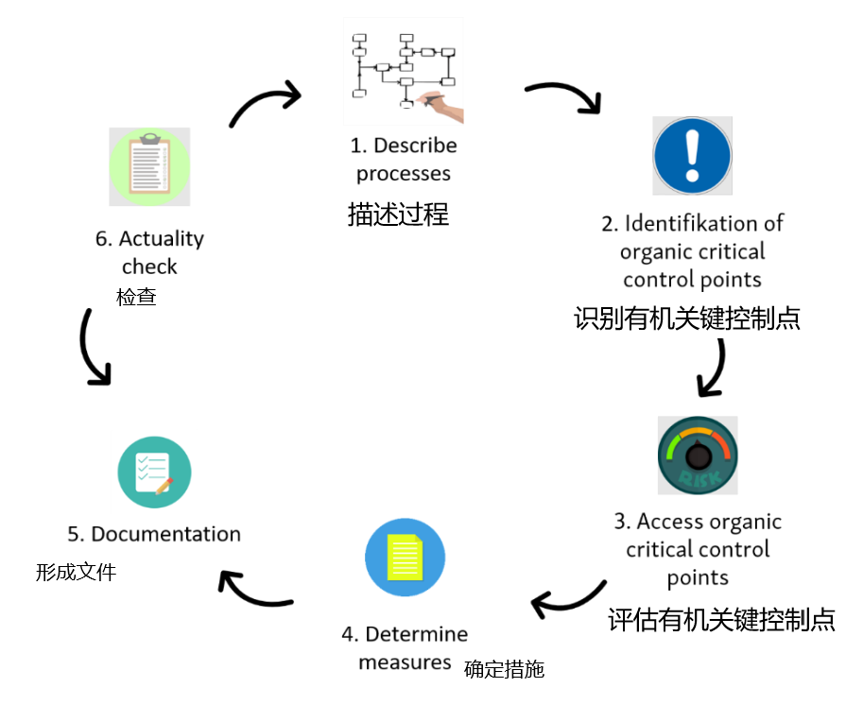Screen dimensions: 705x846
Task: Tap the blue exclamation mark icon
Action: (x=692, y=156)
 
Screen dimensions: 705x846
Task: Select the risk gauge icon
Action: (x=698, y=454)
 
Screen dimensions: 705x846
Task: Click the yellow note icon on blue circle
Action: (x=405, y=557)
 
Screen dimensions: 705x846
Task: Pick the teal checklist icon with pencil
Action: (x=154, y=472)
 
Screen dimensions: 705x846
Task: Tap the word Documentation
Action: (x=165, y=534)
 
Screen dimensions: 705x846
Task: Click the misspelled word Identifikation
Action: (x=681, y=224)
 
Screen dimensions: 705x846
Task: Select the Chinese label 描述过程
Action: (x=397, y=215)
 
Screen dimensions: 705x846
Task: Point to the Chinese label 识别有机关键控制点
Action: (x=687, y=318)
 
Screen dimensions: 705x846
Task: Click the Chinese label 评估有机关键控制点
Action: (x=721, y=619)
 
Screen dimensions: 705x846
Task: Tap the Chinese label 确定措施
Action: (x=504, y=670)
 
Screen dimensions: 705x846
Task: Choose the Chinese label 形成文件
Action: (x=76, y=572)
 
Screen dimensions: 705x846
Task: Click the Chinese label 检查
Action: (x=136, y=297)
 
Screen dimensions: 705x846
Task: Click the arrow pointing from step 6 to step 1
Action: (x=265, y=104)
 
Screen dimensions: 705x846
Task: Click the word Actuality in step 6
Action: (x=162, y=239)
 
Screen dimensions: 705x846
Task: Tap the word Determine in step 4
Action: (x=416, y=634)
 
